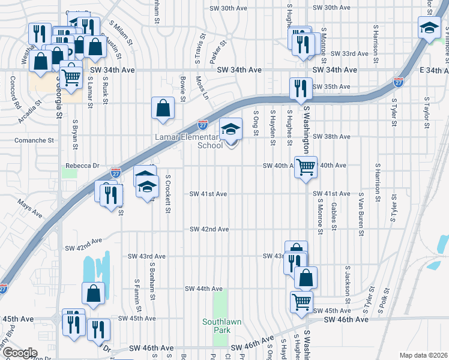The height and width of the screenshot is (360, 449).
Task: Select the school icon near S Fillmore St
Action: [429, 28]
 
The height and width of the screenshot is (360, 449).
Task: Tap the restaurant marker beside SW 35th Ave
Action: [300, 88]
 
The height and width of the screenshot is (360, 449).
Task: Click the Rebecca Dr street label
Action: [81, 166]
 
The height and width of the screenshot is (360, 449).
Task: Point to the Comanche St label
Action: [34, 140]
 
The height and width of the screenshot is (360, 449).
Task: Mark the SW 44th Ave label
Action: [203, 289]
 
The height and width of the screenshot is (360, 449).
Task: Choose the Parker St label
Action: [218, 51]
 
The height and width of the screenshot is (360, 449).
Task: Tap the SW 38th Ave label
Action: [331, 136]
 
